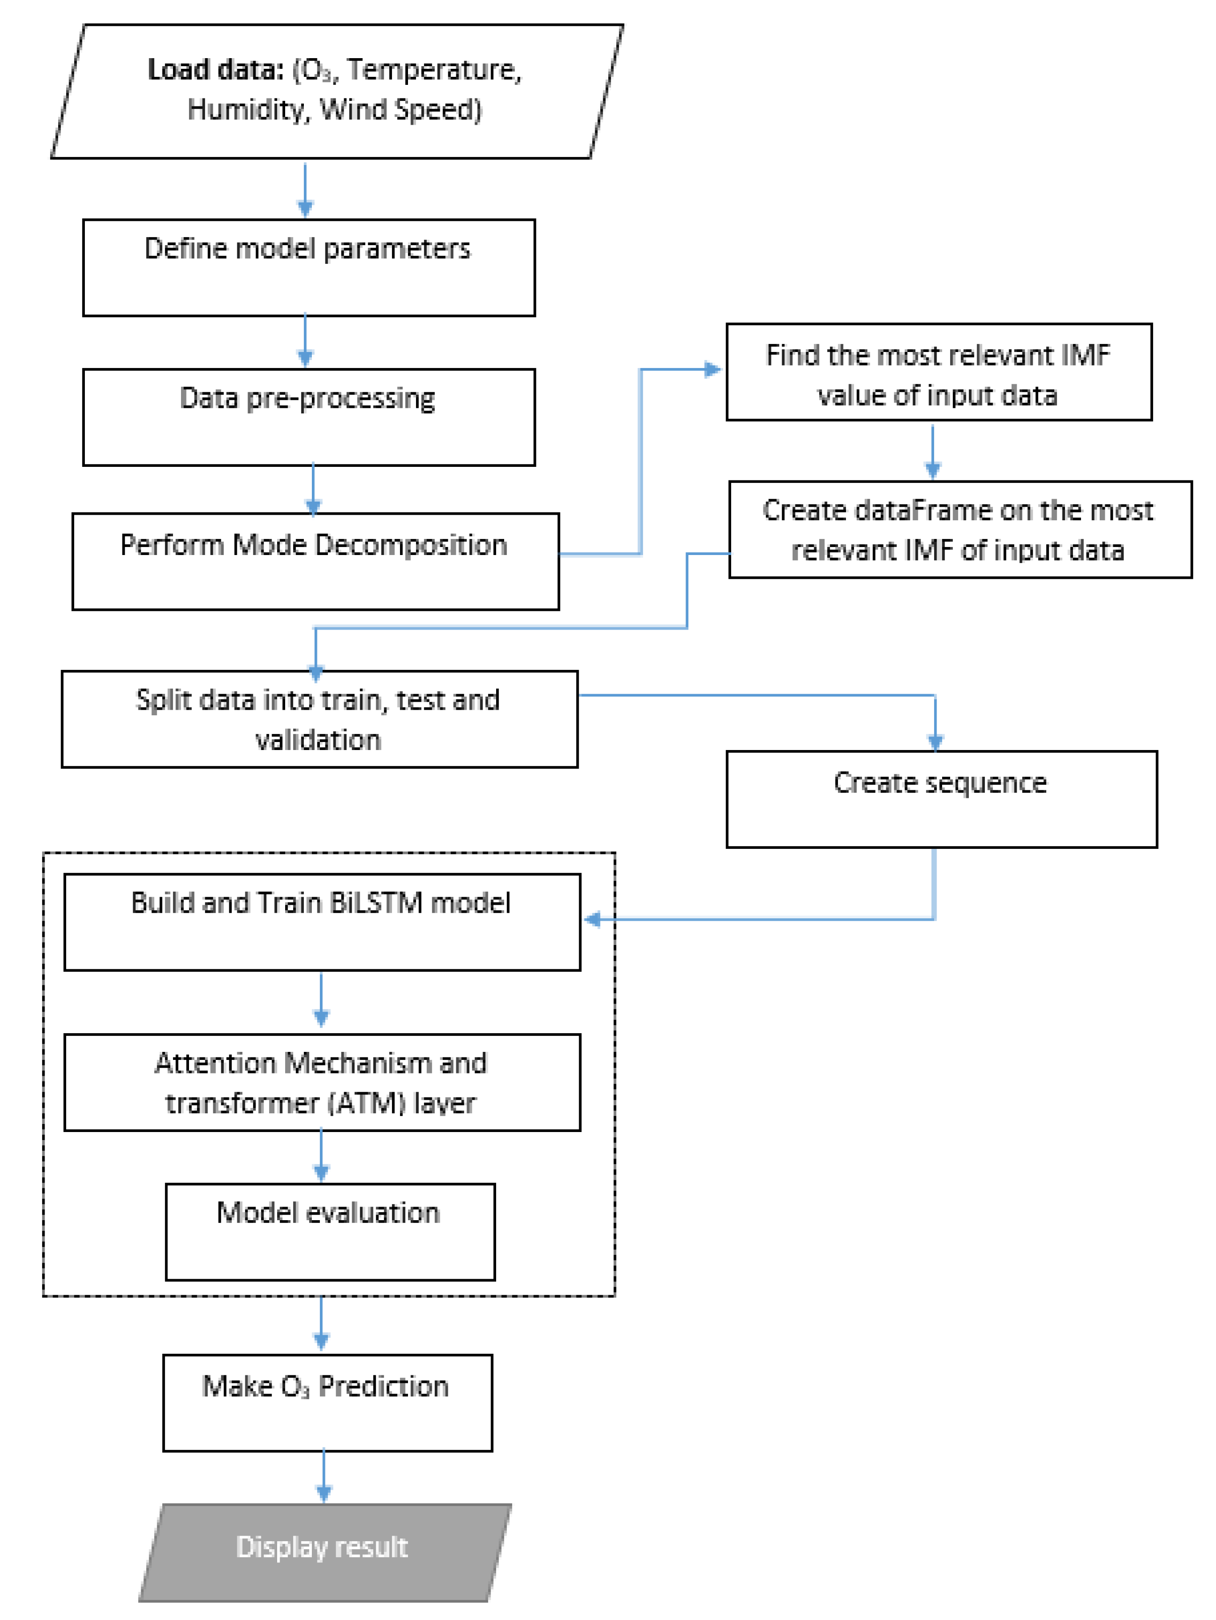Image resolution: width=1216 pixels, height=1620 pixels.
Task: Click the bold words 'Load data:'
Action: pyautogui.click(x=215, y=69)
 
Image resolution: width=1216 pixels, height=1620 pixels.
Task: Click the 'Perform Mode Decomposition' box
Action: pyautogui.click(x=315, y=561)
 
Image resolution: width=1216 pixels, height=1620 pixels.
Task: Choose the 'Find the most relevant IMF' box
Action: pyautogui.click(x=938, y=372)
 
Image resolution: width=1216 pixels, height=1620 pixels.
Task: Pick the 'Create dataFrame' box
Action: pyautogui.click(x=959, y=530)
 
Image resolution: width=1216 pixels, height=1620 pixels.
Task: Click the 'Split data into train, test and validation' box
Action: pyautogui.click(x=319, y=719)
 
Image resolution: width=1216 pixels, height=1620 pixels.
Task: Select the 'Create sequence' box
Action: pyautogui.click(x=941, y=799)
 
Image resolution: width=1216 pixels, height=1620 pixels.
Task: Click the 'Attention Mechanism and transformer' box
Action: pyautogui.click(x=322, y=1082)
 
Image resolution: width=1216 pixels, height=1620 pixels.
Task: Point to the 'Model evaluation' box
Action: pyautogui.click(x=330, y=1232)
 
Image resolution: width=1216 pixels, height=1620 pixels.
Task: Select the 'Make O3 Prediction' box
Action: pyautogui.click(x=327, y=1402)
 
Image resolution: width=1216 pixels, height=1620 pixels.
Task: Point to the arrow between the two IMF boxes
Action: pyautogui.click(x=932, y=450)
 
